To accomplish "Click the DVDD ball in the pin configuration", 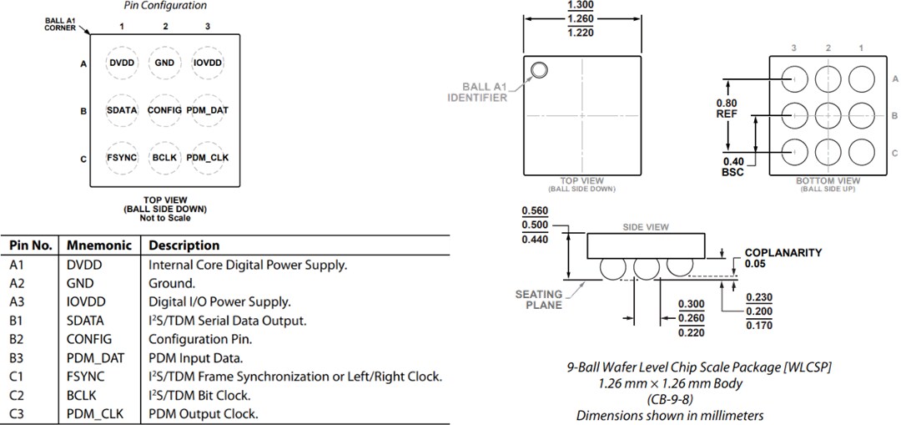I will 122,62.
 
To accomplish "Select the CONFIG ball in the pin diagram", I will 164,110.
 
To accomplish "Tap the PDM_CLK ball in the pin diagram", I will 208,157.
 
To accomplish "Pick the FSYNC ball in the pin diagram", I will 122,157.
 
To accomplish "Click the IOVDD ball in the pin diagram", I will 208,62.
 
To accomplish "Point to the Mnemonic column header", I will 98,245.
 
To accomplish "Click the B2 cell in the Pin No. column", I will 18,339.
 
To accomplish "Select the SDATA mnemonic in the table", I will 85,321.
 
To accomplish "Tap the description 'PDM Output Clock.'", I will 203,413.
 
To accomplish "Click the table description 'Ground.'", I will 171,283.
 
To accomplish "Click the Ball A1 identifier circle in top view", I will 539,70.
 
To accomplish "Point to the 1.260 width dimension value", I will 581,19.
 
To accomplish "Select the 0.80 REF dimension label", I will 727,109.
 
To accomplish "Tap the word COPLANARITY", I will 783,252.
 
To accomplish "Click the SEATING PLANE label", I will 538,299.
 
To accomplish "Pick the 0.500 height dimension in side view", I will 534,225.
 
